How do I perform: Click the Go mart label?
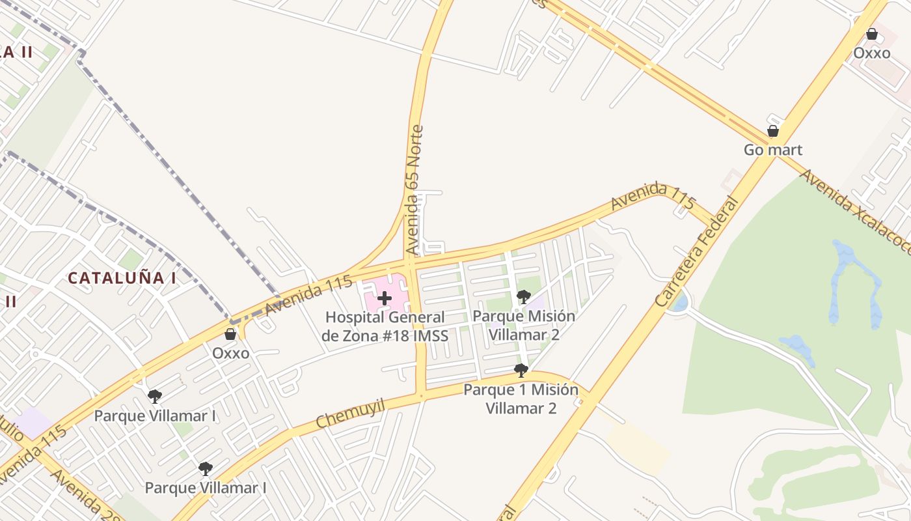coord(773,150)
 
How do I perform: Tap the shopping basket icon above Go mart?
coord(773,131)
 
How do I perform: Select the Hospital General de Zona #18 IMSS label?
coord(385,326)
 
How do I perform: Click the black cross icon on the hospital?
coord(385,299)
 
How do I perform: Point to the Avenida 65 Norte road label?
coord(414,190)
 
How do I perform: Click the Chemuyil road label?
coord(351,414)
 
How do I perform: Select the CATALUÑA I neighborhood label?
coord(122,278)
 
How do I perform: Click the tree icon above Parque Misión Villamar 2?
coord(523,297)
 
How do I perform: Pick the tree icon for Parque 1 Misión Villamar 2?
coord(521,371)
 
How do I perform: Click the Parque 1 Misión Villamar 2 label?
coord(521,399)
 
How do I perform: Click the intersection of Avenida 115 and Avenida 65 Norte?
coord(409,264)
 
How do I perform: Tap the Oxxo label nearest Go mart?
coord(871,53)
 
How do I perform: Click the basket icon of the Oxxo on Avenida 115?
coord(230,334)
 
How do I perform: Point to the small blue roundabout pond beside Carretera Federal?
coord(680,302)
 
